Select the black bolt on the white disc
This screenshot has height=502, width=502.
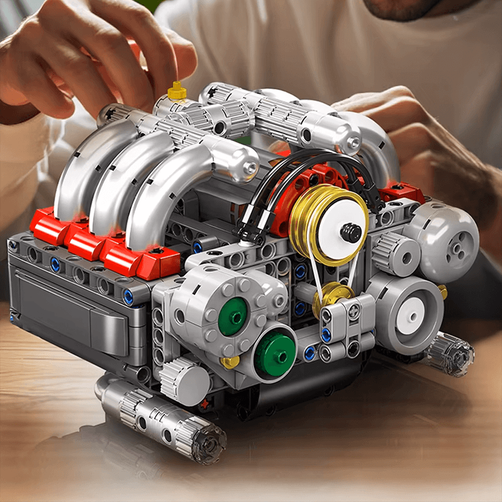coord(350,233)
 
